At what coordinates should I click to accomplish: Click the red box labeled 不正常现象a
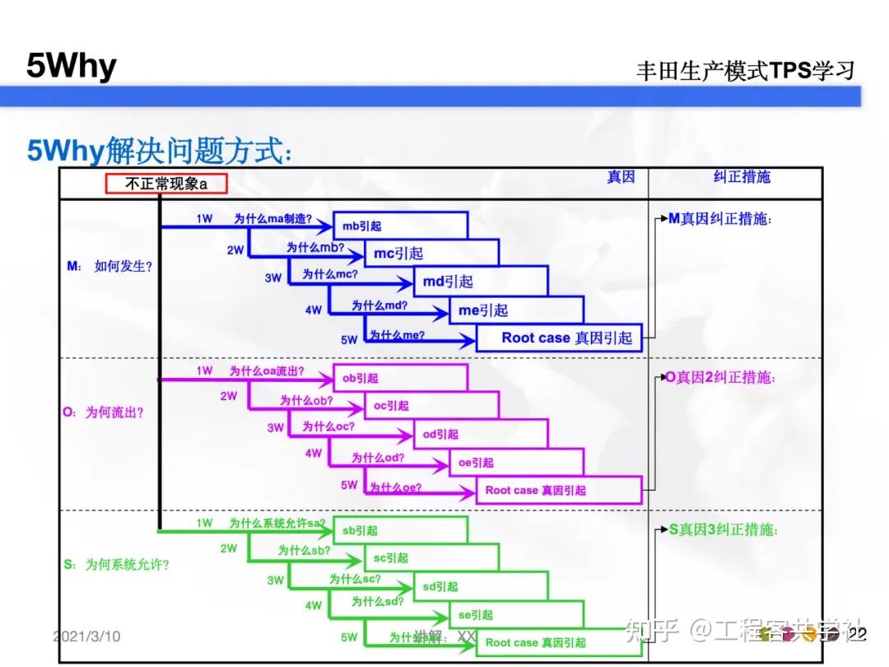click(165, 184)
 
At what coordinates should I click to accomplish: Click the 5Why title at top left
click(72, 66)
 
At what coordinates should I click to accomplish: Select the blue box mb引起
click(399, 226)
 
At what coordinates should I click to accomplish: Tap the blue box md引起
click(480, 282)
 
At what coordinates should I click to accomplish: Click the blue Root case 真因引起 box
click(558, 338)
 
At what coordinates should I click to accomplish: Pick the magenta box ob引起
click(399, 378)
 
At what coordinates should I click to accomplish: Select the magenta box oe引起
click(515, 463)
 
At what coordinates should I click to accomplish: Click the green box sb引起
click(399, 530)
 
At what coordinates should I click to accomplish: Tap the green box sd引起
click(480, 586)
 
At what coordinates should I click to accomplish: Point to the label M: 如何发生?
click(109, 266)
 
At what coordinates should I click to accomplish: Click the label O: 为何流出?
click(103, 412)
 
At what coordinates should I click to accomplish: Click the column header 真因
click(621, 177)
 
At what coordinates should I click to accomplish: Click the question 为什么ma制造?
click(272, 219)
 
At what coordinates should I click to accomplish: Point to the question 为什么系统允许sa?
click(277, 523)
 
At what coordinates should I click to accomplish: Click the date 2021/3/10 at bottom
click(86, 637)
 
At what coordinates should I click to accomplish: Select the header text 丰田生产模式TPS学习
click(745, 71)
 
